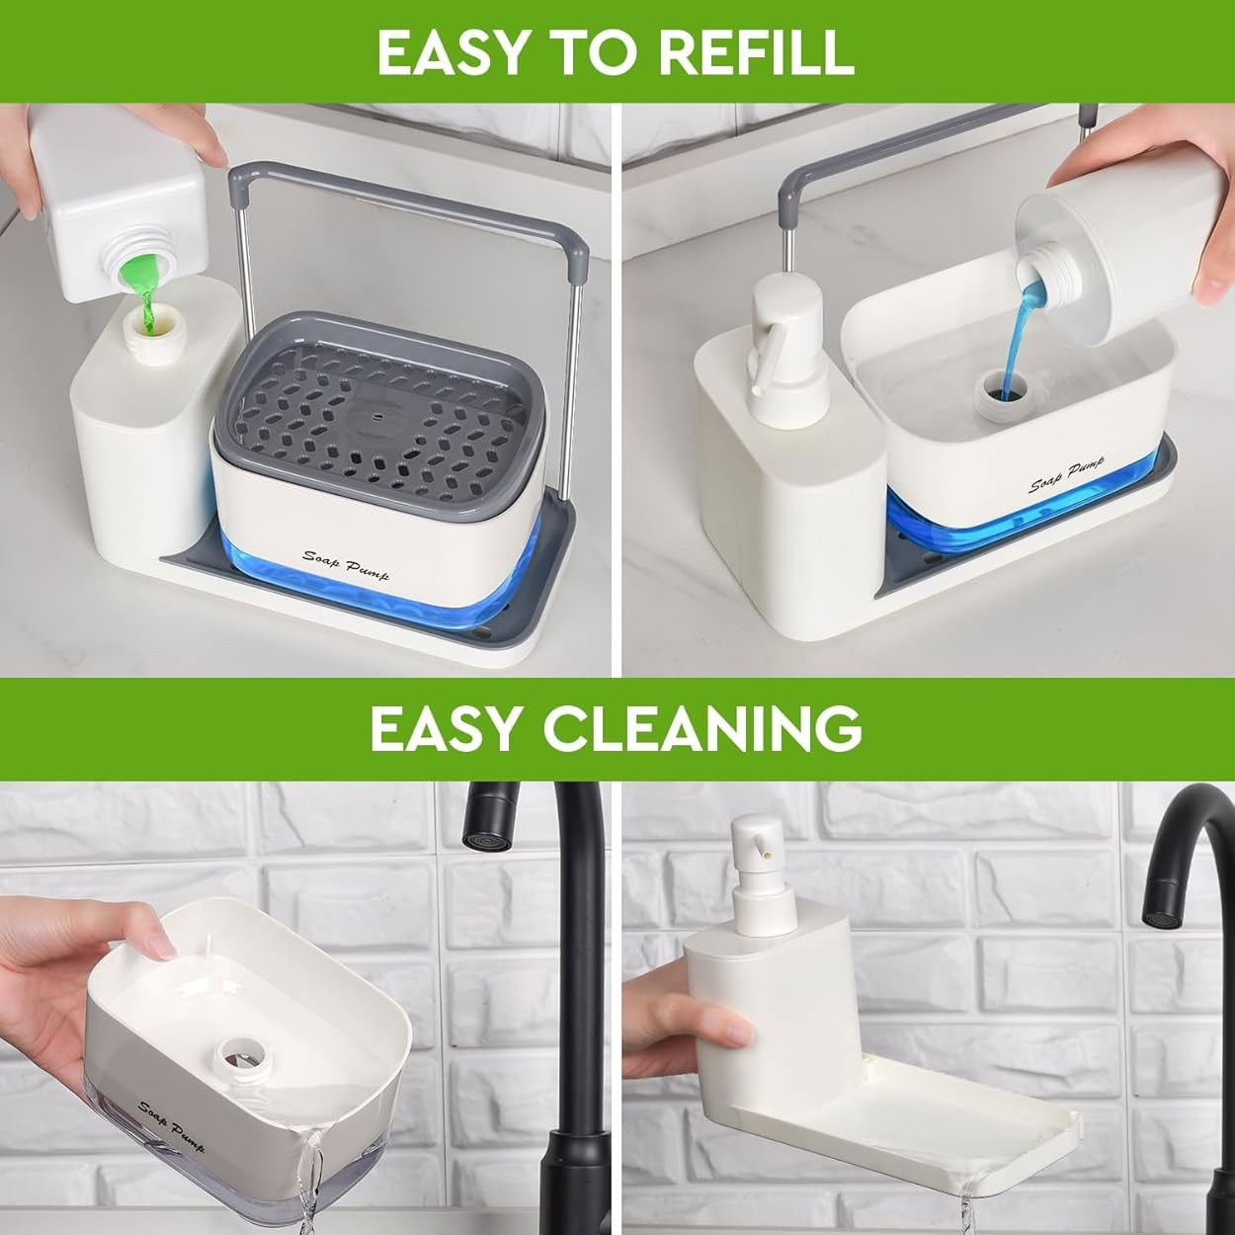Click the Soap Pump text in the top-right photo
tap(1072, 478)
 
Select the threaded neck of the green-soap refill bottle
tap(143, 260)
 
